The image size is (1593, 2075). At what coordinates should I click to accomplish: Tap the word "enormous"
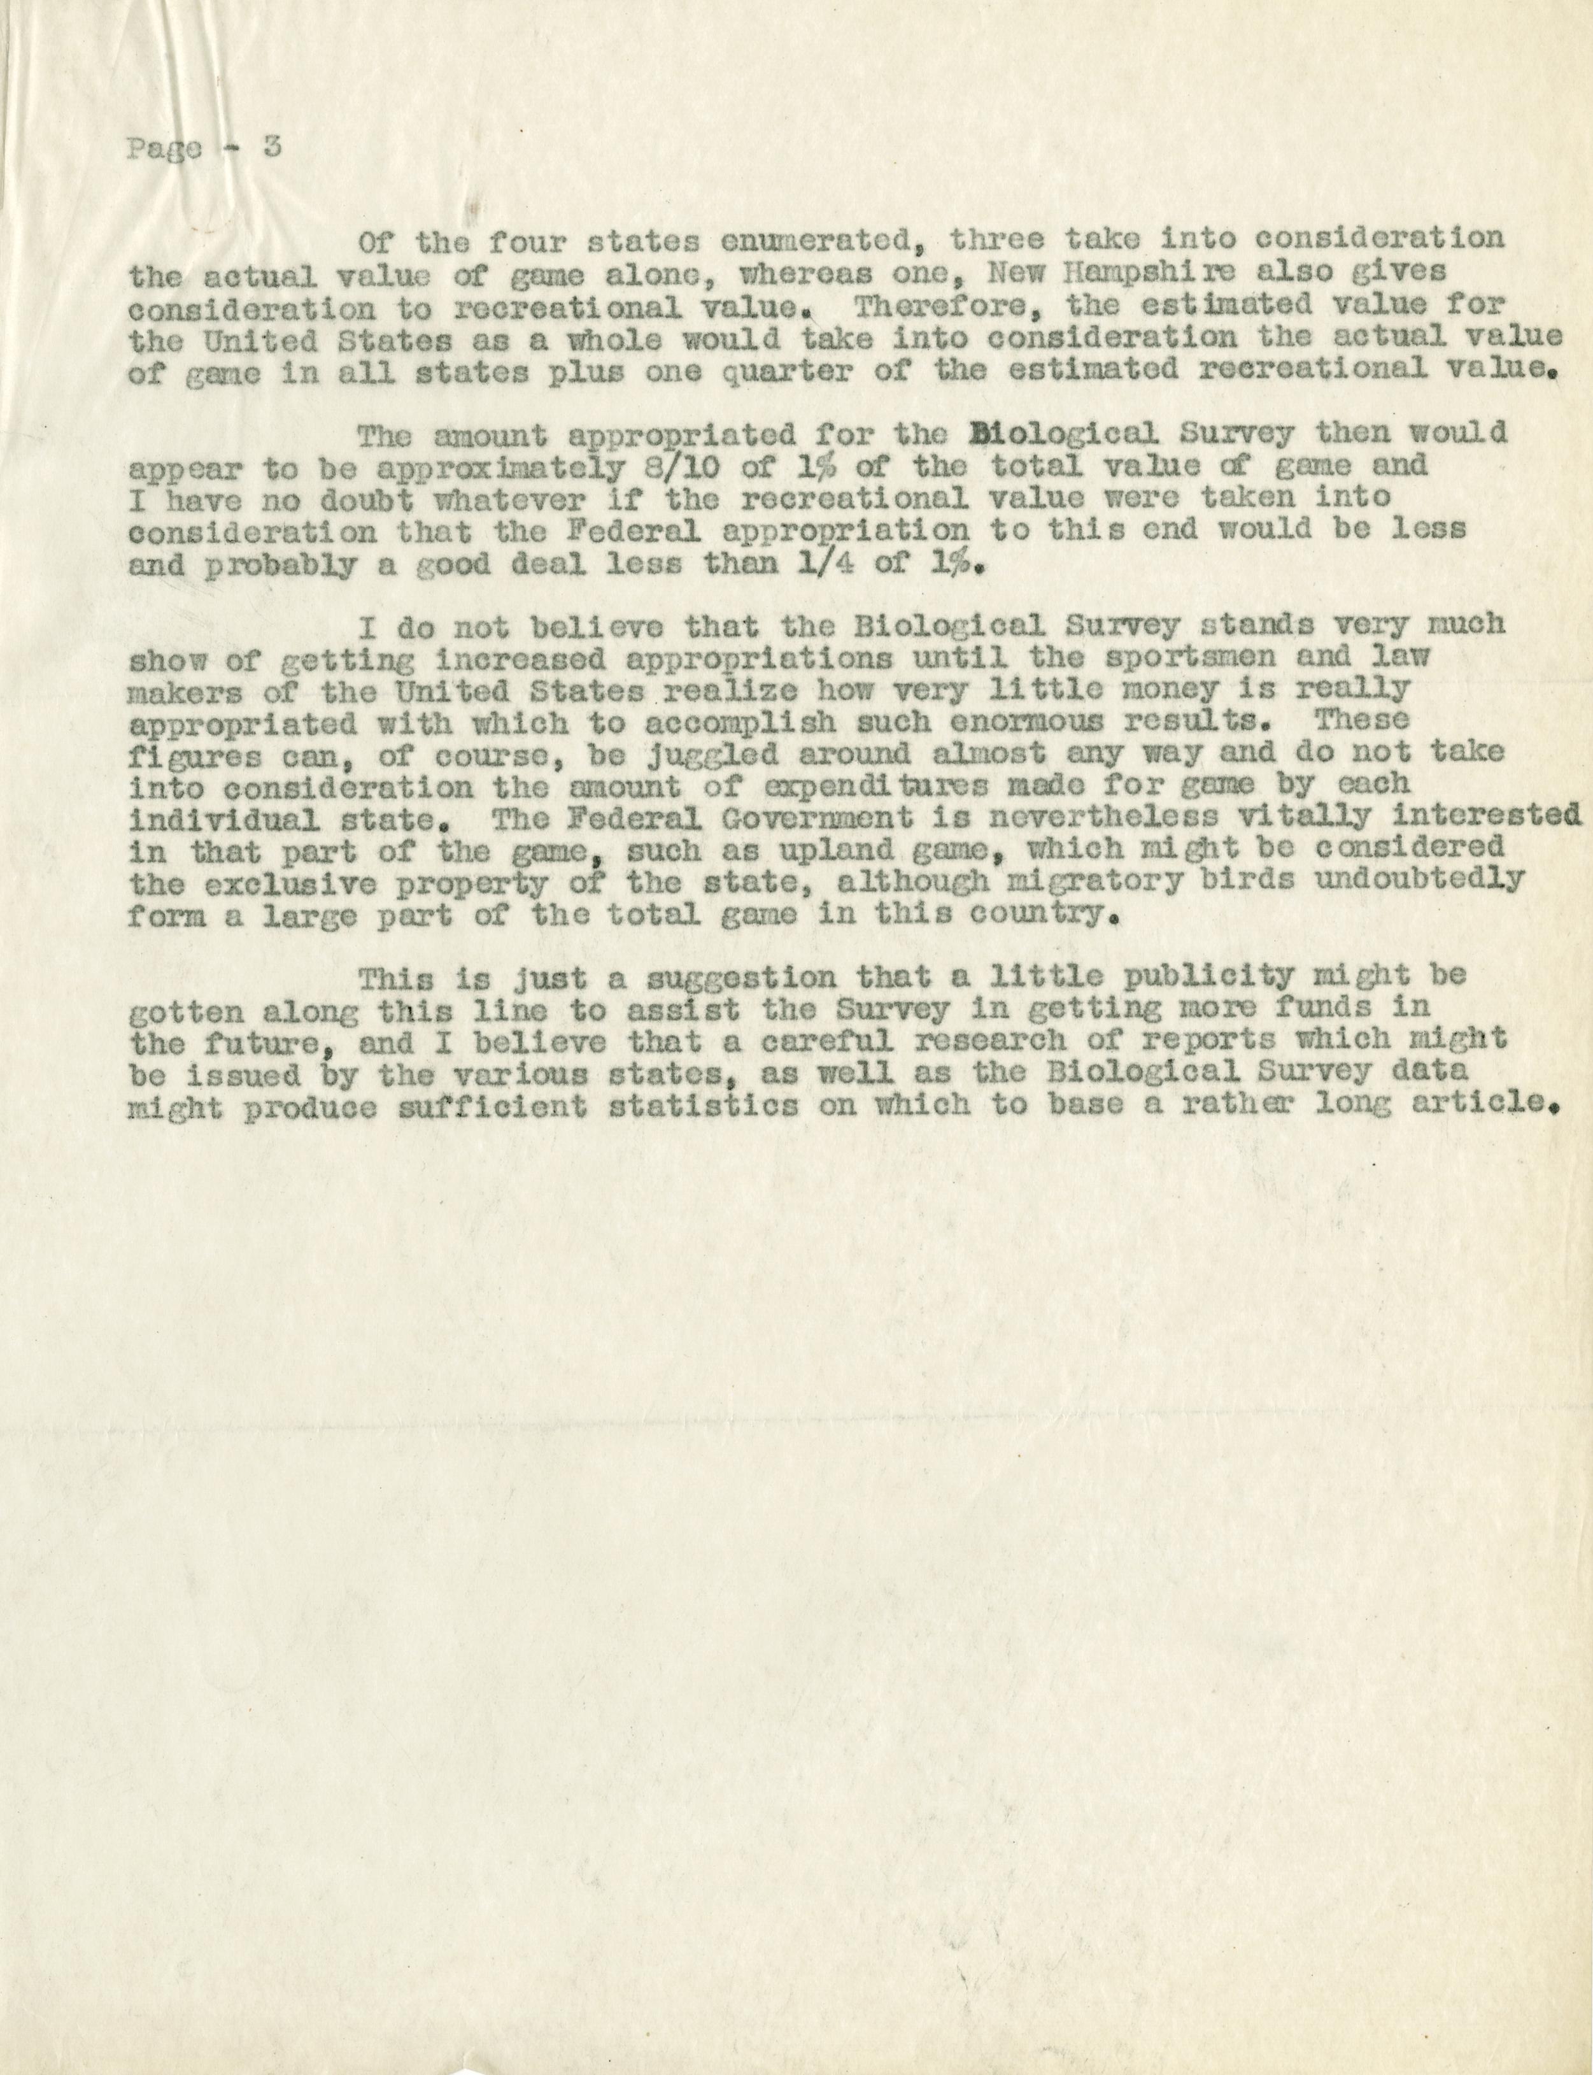click(x=1051, y=721)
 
